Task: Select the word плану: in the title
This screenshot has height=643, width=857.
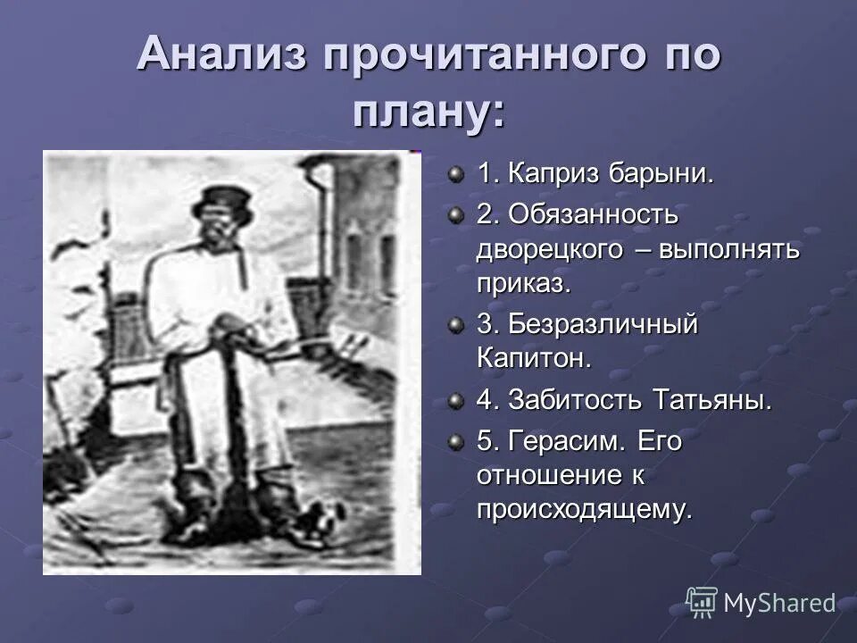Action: [x=428, y=113]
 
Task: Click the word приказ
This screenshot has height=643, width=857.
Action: [x=522, y=283]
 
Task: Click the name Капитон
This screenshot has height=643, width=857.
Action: [x=534, y=359]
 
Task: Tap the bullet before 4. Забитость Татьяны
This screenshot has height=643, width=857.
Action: [x=457, y=401]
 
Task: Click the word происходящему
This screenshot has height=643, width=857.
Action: [x=584, y=510]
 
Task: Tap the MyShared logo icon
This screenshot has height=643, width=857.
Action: [x=701, y=603]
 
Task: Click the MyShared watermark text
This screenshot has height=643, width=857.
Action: [x=778, y=604]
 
